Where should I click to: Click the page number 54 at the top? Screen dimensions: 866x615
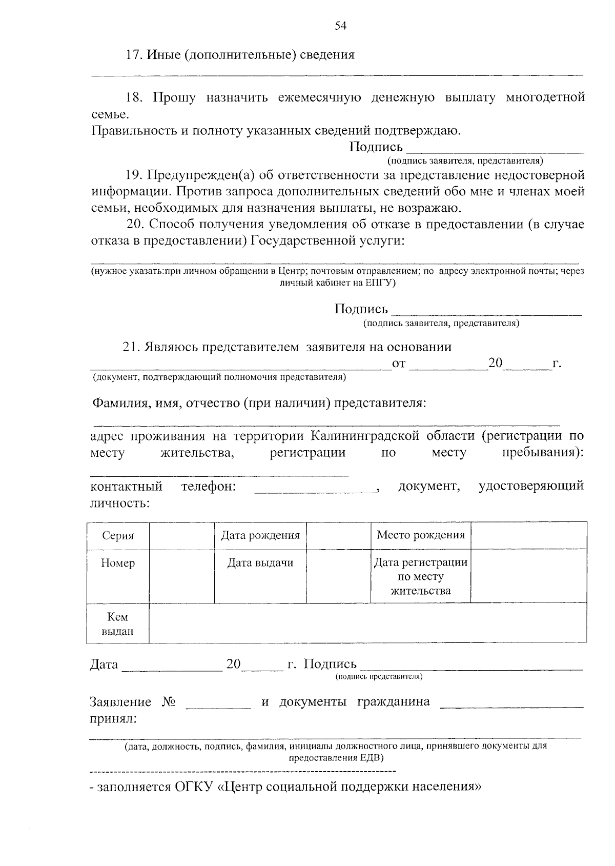341,26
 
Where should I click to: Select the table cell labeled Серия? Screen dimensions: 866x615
118,536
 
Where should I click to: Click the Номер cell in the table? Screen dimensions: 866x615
118,563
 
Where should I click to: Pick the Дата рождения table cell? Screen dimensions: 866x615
260,536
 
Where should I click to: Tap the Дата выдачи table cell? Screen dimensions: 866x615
260,563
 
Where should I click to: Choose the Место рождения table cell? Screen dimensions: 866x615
420,536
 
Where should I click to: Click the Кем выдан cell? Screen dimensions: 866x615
117,624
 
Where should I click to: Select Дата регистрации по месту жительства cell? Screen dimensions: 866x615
420,577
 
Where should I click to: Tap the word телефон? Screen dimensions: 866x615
209,487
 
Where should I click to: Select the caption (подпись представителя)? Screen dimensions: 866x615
379,677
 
